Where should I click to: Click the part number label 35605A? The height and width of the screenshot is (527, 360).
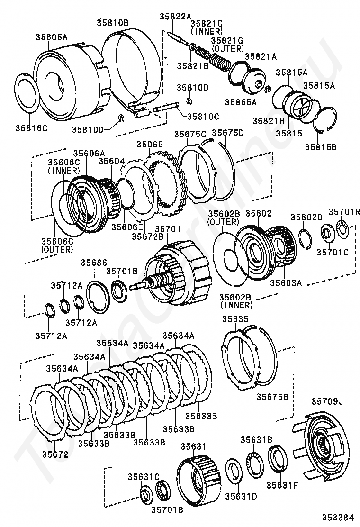tap(52, 37)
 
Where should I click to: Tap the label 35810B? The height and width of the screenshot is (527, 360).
tap(113, 23)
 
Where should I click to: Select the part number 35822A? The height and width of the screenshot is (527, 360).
tap(175, 16)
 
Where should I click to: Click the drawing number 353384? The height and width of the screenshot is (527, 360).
tap(339, 517)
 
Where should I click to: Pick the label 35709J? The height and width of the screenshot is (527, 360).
tap(327, 401)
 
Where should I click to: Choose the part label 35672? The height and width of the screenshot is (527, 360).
tap(55, 454)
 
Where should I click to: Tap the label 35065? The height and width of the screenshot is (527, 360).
tap(150, 145)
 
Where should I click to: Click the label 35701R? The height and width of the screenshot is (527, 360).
tap(344, 211)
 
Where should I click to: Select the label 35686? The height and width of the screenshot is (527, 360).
tap(94, 263)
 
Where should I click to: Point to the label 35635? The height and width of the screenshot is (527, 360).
tap(235, 318)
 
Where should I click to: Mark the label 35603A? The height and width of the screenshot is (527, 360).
tap(286, 282)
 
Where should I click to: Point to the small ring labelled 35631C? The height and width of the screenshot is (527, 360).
tap(146, 494)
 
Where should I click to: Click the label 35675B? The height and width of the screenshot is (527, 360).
tap(272, 397)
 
